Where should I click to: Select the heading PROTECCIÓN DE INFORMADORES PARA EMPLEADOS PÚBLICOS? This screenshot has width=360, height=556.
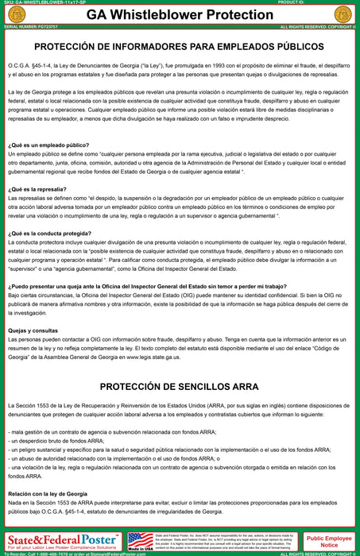(180, 48)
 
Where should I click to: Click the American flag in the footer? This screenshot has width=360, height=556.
(140, 539)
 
